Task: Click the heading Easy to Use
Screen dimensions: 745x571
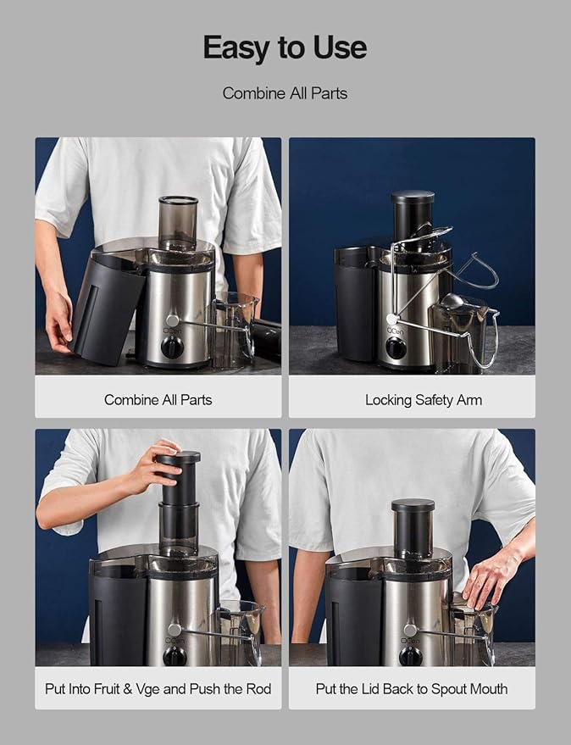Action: [x=285, y=48]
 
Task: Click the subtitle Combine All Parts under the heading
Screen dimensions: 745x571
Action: [x=285, y=93]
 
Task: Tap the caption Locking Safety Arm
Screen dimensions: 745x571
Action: [x=423, y=399]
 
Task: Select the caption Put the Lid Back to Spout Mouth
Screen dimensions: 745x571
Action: [x=412, y=688]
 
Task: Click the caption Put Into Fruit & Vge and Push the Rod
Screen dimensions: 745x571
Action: [x=158, y=688]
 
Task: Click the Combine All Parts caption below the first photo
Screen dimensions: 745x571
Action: [x=158, y=399]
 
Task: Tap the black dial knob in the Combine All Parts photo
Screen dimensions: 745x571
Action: [x=173, y=346]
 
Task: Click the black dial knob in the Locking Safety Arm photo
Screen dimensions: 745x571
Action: [x=395, y=347]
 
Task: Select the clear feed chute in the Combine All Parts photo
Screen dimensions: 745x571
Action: [x=178, y=223]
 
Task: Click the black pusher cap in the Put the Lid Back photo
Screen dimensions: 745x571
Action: [x=413, y=507]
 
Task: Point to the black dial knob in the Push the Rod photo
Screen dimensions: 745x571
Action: [x=175, y=654]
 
